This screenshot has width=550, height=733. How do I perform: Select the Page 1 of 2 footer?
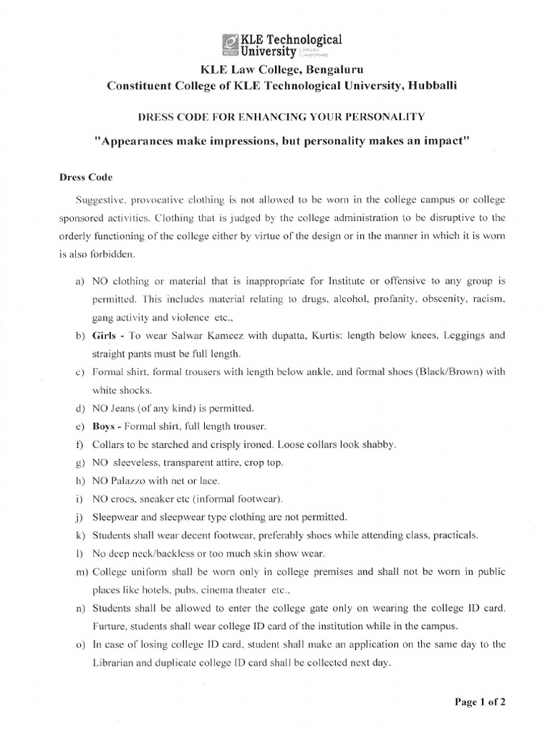coord(481,702)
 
